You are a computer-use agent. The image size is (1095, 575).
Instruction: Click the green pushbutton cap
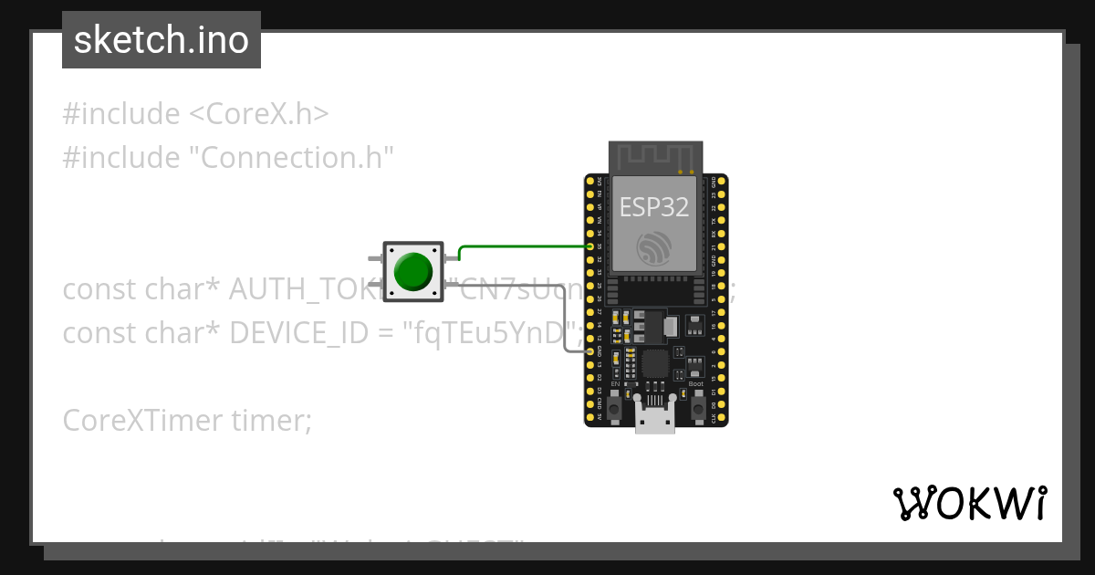(x=412, y=271)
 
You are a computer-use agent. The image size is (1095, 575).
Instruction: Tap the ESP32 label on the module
(x=654, y=206)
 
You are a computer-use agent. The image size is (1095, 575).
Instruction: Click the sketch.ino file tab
(x=162, y=40)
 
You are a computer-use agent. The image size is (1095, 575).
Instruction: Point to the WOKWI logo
(x=969, y=503)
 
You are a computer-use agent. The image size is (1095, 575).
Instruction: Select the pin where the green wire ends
(x=590, y=246)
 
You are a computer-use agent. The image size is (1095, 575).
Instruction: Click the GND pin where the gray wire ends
(x=590, y=350)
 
